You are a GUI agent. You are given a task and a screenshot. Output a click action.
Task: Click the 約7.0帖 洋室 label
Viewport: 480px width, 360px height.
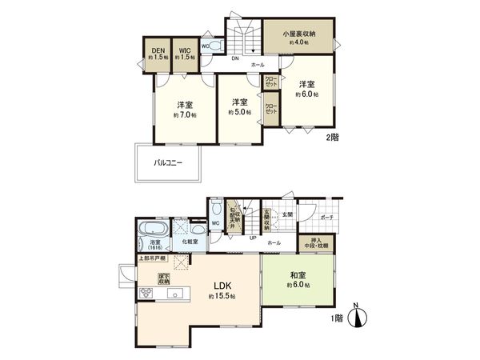pyautogui.click(x=185, y=109)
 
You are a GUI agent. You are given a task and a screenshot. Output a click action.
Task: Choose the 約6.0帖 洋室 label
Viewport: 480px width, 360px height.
pyautogui.click(x=308, y=88)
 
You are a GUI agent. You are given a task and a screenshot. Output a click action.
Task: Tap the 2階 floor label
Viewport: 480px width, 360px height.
pyautogui.click(x=331, y=138)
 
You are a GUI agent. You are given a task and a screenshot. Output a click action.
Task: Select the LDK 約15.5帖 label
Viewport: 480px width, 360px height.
pyautogui.click(x=221, y=289)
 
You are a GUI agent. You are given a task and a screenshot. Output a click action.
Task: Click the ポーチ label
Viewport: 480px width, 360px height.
pyautogui.click(x=327, y=217)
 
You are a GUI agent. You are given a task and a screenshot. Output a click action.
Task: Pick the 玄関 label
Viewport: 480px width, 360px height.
pyautogui.click(x=287, y=215)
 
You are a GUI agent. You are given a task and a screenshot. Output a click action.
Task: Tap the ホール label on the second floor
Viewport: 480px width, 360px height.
pyautogui.click(x=258, y=64)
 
